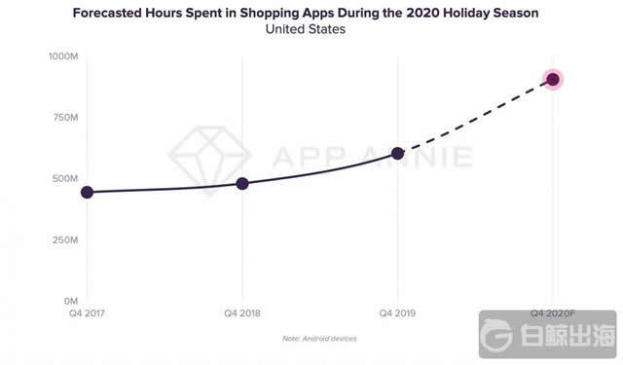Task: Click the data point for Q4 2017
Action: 87,192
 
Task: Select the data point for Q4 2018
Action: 242,183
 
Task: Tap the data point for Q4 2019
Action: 398,153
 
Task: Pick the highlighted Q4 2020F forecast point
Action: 554,80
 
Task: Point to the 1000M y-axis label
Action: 65,56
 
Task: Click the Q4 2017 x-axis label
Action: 87,313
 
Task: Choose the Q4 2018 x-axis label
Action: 242,313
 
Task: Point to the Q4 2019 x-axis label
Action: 398,313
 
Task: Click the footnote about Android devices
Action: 319,338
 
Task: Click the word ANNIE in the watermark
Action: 427,157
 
